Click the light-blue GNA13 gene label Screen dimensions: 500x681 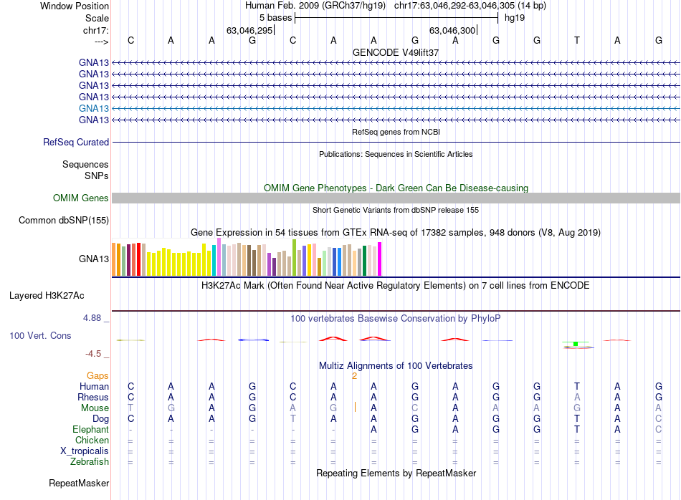point(94,108)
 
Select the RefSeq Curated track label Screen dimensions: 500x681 point(76,143)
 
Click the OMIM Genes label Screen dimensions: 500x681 point(81,198)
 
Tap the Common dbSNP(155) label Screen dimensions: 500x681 point(63,221)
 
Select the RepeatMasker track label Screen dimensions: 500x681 point(79,484)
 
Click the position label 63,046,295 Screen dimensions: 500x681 point(249,31)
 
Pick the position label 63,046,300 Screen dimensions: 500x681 point(452,31)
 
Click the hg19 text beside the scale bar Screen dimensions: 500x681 point(515,18)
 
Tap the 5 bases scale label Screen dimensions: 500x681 point(275,18)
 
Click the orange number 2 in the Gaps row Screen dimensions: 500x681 point(354,375)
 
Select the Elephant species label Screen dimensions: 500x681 point(90,430)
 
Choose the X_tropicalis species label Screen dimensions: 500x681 point(85,451)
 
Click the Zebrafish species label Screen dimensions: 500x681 point(89,462)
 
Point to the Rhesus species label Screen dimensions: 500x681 point(94,398)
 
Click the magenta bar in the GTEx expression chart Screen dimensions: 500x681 point(380,259)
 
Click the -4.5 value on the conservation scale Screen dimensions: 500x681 point(95,354)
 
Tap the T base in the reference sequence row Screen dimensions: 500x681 point(577,41)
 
